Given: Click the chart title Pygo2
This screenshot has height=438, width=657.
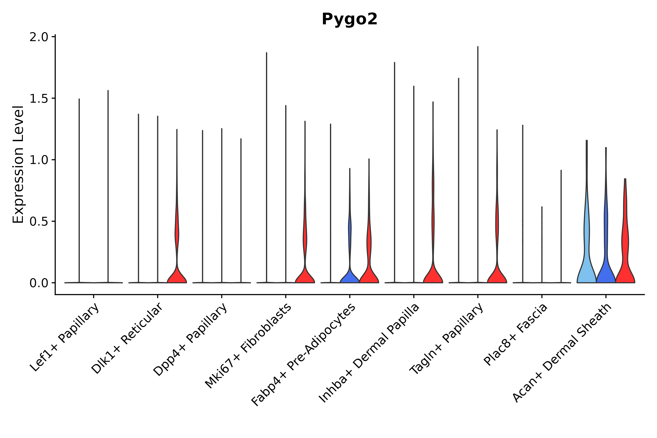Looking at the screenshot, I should [349, 19].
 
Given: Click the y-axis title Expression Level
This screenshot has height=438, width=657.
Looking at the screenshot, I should [18, 164].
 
